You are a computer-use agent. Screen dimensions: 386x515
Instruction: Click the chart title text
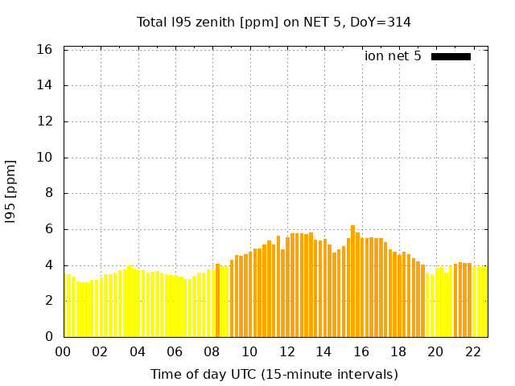274,23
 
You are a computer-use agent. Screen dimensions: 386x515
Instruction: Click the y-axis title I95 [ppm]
11,192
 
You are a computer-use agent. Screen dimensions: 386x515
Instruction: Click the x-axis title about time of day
274,374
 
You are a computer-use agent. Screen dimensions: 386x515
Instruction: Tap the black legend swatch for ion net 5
451,56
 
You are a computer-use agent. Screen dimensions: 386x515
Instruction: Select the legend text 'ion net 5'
393,56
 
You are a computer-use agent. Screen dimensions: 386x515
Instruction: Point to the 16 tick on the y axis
45,50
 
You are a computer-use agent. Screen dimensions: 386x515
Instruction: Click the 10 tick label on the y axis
45,158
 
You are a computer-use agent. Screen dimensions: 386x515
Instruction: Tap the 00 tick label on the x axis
64,351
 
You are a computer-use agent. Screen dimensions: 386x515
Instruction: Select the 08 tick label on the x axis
212,351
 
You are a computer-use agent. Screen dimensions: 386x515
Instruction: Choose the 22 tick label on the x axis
473,351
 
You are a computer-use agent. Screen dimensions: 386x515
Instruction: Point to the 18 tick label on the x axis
398,351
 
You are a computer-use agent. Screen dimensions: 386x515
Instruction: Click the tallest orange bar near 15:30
352,281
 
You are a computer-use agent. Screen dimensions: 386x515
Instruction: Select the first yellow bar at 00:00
66,306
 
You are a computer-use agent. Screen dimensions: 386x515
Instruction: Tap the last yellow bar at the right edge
484,302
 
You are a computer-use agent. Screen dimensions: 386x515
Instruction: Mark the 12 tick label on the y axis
45,121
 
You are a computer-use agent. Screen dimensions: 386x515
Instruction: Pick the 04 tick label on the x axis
138,351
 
